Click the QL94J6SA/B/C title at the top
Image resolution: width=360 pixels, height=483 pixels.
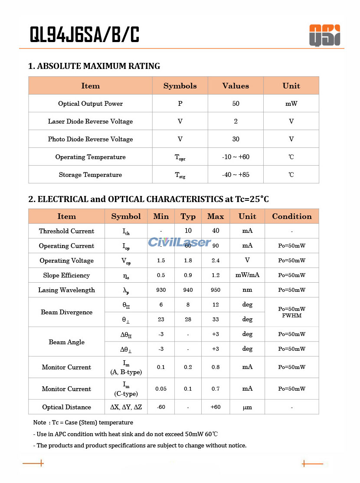point(84,34)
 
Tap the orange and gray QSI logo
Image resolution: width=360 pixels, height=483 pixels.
point(324,35)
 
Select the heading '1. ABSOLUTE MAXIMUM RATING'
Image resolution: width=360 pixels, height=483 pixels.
point(94,66)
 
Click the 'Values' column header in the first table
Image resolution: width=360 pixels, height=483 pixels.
point(236,86)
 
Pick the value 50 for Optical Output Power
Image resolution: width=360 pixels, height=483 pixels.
point(236,104)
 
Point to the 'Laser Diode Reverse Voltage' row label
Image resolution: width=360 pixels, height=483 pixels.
point(90,121)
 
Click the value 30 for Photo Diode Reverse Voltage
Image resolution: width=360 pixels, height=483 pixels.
point(236,139)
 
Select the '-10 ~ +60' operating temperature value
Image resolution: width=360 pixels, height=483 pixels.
point(236,157)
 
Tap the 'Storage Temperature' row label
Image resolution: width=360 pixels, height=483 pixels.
point(90,175)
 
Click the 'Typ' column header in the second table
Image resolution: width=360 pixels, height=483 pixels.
point(188,216)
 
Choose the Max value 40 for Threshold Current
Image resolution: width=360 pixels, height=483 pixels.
point(216,231)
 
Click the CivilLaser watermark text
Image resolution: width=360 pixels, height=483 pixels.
point(180,242)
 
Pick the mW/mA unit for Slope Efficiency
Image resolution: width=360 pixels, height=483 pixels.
point(247,275)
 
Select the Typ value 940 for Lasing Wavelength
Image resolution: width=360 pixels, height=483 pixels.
point(188,290)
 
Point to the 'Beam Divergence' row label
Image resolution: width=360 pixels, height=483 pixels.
point(66,312)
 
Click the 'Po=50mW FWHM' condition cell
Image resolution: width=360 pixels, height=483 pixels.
point(291,312)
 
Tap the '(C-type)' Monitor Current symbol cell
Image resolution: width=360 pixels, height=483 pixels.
point(126,389)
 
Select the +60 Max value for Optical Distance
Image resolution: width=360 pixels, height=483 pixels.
point(216,407)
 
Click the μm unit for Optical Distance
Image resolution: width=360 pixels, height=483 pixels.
point(247,407)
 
